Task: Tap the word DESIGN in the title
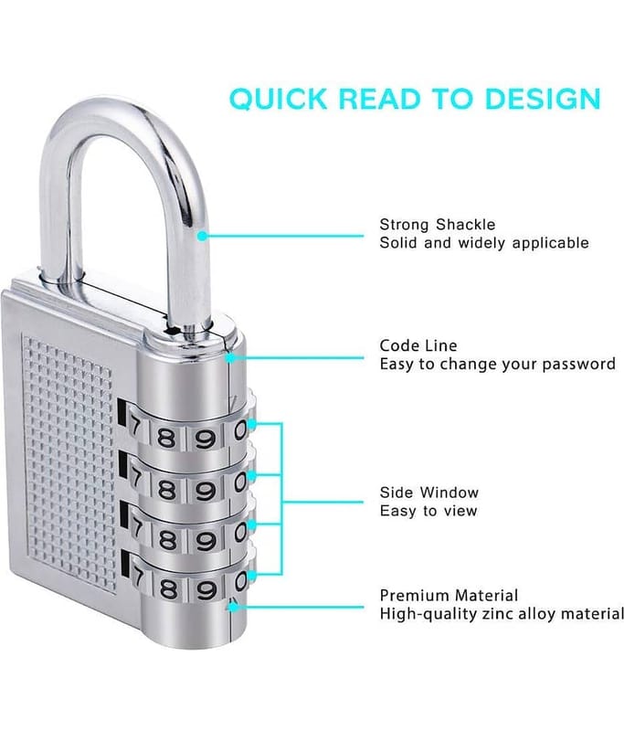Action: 543,99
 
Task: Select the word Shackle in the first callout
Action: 466,225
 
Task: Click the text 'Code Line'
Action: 418,346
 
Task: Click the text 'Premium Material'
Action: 449,596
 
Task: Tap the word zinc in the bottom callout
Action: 500,614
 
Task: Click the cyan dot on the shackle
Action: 202,236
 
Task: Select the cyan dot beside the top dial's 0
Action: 250,424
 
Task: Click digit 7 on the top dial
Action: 134,425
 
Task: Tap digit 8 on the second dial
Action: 166,490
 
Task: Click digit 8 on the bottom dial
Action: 168,590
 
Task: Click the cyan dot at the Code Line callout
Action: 230,358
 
